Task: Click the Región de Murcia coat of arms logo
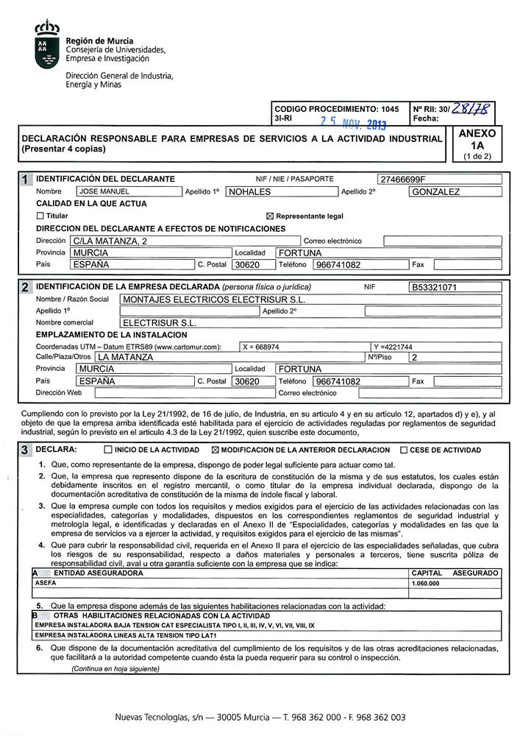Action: (47, 46)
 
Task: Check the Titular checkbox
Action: (40, 216)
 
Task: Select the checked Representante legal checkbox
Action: (269, 216)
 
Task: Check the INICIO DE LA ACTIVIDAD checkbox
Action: (108, 450)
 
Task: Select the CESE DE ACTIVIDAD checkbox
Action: (404, 450)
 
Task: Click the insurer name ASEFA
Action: (46, 583)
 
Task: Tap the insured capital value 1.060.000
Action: (427, 583)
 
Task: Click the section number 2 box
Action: (26, 287)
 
